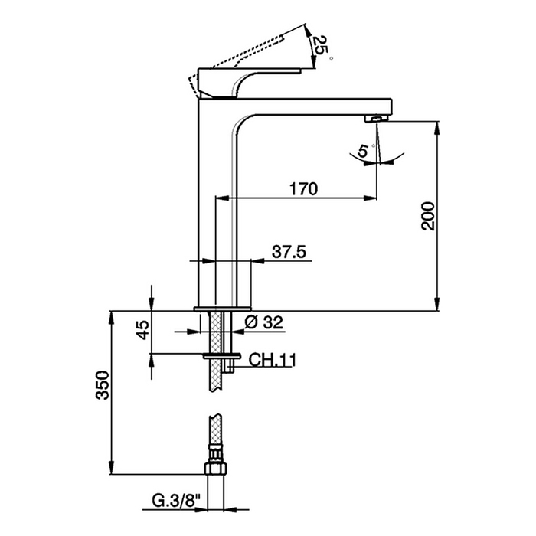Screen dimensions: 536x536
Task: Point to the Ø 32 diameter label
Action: (x=264, y=323)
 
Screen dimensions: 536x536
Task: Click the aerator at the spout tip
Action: (x=375, y=118)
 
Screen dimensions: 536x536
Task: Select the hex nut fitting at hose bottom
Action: (x=216, y=468)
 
